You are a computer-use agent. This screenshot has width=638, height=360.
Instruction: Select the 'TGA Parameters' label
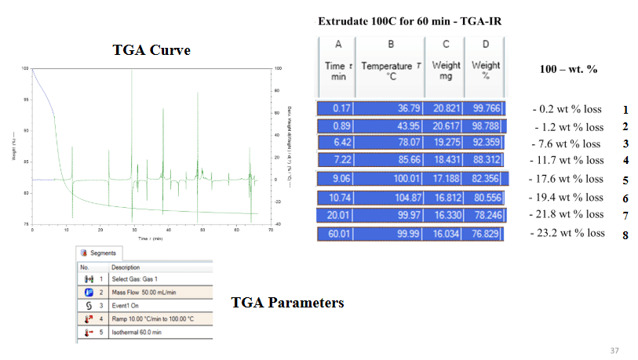click(x=287, y=302)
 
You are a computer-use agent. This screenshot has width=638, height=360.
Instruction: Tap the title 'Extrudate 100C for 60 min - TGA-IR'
click(x=410, y=22)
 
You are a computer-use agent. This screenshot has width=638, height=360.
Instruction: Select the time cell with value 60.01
click(x=337, y=235)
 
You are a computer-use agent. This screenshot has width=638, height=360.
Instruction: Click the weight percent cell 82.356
click(x=486, y=179)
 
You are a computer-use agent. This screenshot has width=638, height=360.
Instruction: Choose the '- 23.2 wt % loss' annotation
click(x=567, y=234)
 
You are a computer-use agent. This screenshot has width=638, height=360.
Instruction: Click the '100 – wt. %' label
click(x=569, y=70)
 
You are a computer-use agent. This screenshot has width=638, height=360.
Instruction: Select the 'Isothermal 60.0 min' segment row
click(x=141, y=333)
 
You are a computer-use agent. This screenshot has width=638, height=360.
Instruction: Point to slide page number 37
click(x=614, y=350)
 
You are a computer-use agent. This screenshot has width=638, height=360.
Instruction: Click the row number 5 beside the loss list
click(x=625, y=180)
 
